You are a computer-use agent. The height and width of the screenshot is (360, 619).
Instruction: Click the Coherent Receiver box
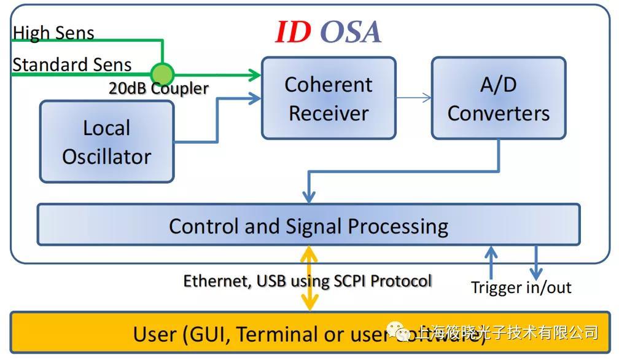click(x=329, y=98)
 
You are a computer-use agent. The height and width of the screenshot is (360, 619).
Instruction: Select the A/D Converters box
click(x=498, y=98)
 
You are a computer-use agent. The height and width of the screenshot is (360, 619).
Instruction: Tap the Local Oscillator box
click(x=107, y=142)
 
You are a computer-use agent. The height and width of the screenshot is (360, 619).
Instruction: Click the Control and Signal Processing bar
click(x=308, y=226)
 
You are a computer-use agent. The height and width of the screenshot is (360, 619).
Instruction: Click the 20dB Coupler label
click(x=158, y=88)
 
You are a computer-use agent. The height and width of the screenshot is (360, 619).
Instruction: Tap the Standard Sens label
click(x=72, y=65)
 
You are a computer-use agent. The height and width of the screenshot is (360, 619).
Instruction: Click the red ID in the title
click(x=292, y=33)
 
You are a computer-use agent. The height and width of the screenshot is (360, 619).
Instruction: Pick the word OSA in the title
click(x=351, y=33)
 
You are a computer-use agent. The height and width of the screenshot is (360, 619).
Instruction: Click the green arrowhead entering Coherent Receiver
click(x=254, y=76)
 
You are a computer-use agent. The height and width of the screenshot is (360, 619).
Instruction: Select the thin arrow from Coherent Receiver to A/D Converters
click(x=414, y=98)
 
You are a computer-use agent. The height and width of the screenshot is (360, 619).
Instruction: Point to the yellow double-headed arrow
click(x=309, y=278)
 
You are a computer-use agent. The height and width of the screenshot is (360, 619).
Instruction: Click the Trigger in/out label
click(x=521, y=287)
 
